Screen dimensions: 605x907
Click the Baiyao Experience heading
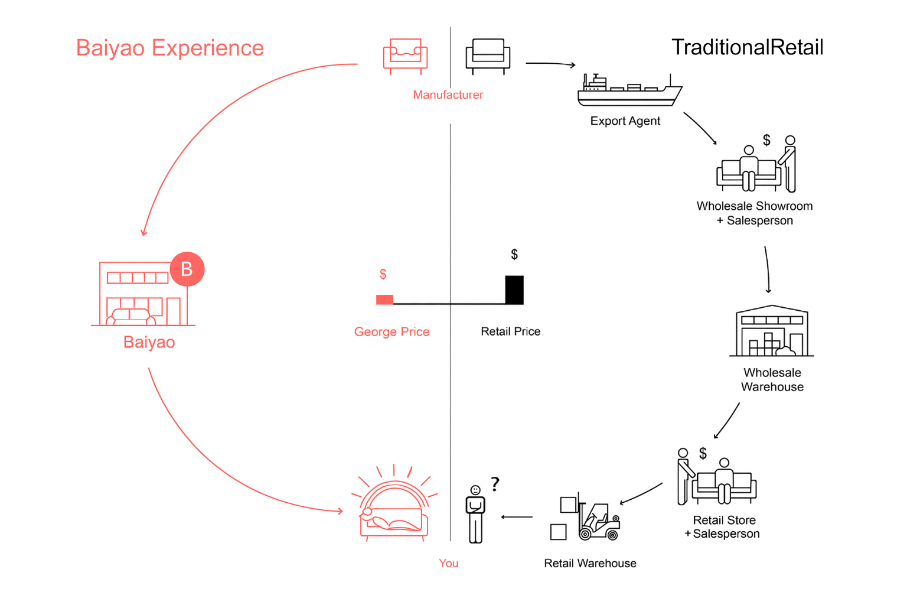(x=170, y=48)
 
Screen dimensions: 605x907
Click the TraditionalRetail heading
(x=747, y=47)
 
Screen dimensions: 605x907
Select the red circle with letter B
(x=187, y=269)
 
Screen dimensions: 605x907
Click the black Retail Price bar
(x=514, y=290)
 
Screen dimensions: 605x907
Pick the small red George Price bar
(x=384, y=300)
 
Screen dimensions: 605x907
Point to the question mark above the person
(x=495, y=484)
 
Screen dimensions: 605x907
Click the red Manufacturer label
(x=448, y=95)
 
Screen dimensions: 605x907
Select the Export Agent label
(x=625, y=121)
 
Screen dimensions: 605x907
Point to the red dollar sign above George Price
(x=383, y=274)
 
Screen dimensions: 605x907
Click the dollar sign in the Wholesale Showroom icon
(x=766, y=140)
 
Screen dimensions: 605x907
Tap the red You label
(x=448, y=563)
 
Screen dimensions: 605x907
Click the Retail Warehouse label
(x=590, y=563)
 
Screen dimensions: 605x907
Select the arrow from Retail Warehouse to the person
(x=517, y=517)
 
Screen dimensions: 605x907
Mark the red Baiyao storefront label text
(x=149, y=342)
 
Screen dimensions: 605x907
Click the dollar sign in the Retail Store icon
(x=703, y=453)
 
